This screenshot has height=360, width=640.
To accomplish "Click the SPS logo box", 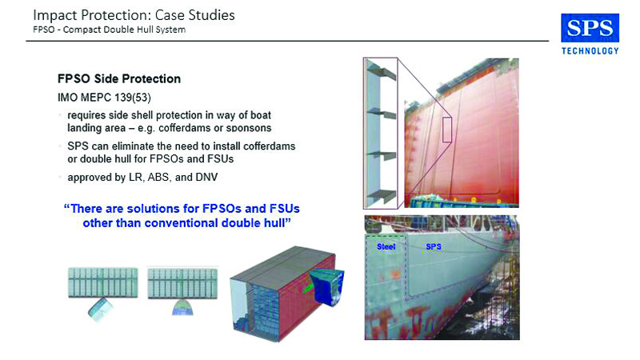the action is click(590, 28).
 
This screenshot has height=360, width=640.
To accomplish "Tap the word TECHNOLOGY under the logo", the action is click(590, 51).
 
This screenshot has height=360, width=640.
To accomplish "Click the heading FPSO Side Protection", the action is click(119, 78).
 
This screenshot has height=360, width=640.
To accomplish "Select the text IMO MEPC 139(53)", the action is click(104, 98).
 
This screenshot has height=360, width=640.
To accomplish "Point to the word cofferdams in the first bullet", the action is click(184, 128).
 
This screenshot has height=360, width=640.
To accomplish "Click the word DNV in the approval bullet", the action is click(206, 177).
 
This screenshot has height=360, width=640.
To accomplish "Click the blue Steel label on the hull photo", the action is click(386, 246).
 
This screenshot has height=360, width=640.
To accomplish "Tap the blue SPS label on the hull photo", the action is click(434, 246).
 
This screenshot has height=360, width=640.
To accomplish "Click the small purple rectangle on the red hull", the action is click(447, 130).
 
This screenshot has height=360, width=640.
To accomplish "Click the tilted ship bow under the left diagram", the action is click(101, 309).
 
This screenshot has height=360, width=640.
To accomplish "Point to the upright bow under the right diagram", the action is click(182, 308).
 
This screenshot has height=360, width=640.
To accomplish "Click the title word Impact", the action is click(55, 15).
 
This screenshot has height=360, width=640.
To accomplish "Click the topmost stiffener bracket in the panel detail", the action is click(382, 73).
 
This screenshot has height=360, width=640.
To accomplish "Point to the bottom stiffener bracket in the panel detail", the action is click(382, 196).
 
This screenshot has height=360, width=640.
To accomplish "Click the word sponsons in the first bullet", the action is click(249, 128).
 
